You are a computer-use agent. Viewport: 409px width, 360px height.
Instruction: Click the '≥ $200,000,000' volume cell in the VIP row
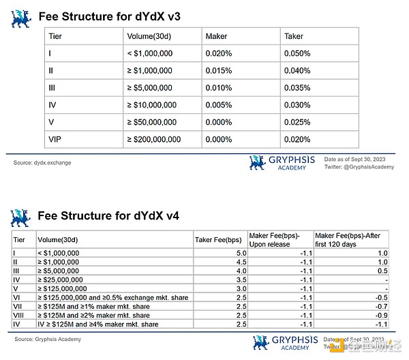tap(154, 138)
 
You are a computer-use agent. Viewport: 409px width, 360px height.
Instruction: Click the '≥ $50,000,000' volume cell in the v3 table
tap(151, 122)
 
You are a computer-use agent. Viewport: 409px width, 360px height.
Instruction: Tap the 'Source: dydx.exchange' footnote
tap(42, 163)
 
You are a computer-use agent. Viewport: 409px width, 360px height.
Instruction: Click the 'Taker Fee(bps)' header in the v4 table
tap(217, 239)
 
